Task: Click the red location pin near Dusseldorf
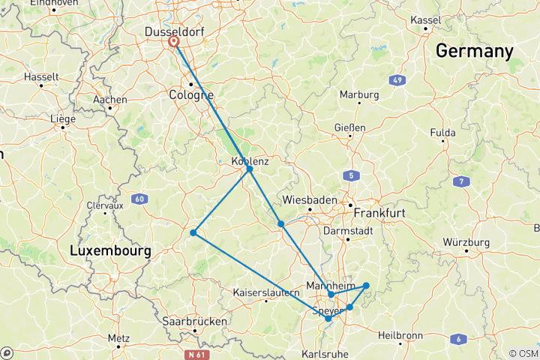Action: [173, 41]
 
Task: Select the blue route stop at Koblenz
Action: [249, 169]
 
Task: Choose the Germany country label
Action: [474, 51]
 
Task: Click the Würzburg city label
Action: [466, 242]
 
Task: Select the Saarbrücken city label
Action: [194, 321]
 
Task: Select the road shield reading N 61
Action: [196, 351]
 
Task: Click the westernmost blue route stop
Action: [193, 232]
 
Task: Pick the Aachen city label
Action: [109, 99]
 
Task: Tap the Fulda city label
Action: [442, 133]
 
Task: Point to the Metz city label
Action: [118, 338]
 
